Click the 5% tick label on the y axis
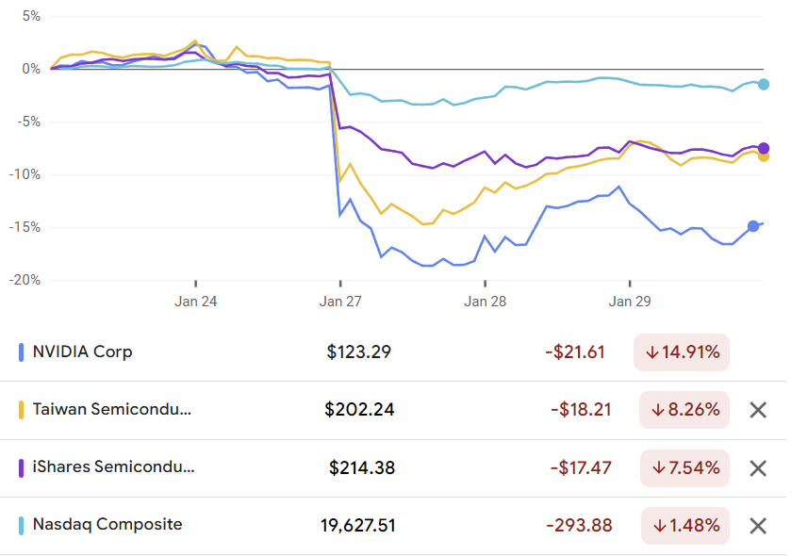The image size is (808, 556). click(x=31, y=17)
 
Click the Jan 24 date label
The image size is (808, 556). click(x=196, y=302)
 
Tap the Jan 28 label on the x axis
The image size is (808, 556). click(x=485, y=302)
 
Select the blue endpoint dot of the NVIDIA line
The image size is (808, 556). click(x=753, y=226)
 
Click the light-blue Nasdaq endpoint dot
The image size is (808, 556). click(x=764, y=85)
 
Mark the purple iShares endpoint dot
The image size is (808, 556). click(x=764, y=148)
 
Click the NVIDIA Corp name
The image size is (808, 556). click(x=83, y=352)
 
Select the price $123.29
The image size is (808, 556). click(x=358, y=352)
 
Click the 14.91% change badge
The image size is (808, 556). click(x=683, y=352)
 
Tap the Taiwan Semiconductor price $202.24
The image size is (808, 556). click(x=359, y=410)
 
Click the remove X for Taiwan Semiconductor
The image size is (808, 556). click(x=758, y=410)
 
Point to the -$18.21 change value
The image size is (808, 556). click(x=578, y=410)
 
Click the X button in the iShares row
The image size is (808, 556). click(x=758, y=468)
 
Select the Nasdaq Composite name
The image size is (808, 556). click(x=107, y=525)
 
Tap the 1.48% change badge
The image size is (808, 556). click(x=684, y=526)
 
